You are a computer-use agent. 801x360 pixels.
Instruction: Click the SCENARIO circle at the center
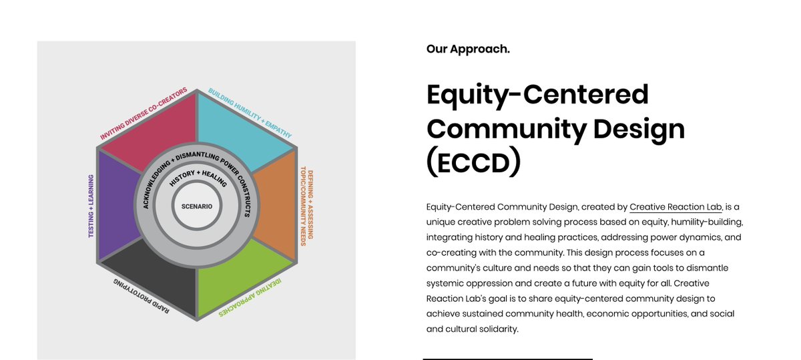coord(197,206)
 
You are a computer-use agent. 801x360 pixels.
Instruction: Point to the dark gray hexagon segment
coord(150,281)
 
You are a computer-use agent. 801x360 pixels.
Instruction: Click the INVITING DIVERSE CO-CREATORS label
coord(143,114)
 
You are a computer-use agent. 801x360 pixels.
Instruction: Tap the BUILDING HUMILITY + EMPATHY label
coord(250,114)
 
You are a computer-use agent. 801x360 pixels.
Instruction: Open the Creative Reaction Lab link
coord(676,207)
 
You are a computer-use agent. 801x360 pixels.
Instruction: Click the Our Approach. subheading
coord(468,49)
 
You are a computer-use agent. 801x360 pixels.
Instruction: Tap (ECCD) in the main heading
coord(473,162)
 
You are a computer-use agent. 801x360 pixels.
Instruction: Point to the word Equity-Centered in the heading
coord(537,94)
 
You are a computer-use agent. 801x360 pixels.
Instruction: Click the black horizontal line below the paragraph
coord(507,359)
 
